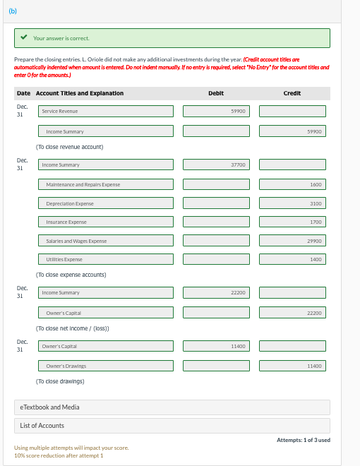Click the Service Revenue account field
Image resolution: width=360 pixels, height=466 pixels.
105,111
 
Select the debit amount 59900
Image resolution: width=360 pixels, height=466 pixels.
216,111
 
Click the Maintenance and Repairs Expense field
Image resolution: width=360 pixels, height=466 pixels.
105,184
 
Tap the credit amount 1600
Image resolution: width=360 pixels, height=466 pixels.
292,184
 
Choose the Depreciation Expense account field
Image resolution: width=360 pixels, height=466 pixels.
105,203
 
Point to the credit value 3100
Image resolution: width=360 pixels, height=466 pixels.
292,203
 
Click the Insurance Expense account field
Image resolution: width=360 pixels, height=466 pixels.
105,222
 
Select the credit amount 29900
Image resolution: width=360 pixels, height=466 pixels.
292,241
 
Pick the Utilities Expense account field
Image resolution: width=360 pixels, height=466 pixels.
105,260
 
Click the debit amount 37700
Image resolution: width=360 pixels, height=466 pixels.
216,165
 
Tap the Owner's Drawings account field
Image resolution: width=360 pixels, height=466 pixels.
105,366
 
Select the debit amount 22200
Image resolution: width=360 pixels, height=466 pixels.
216,292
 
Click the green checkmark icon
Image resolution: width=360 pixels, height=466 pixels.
24,37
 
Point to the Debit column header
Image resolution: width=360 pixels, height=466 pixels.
216,93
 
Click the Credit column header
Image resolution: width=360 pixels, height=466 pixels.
292,93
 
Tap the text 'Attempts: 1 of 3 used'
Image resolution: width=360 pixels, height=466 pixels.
304,440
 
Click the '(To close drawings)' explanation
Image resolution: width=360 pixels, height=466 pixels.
60,381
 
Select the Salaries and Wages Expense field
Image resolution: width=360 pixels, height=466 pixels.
105,241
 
